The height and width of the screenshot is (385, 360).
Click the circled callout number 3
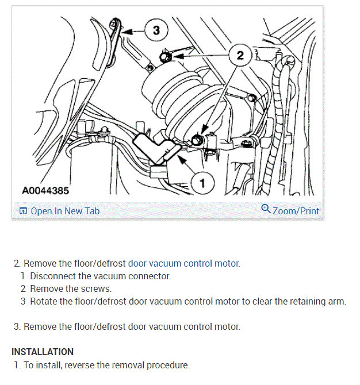156,30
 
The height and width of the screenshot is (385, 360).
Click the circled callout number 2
240,55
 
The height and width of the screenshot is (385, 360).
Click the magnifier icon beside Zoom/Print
266,209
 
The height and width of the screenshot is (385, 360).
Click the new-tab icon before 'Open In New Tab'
23,211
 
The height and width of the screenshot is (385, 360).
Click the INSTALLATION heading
43,352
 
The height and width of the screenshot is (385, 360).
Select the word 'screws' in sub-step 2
95,288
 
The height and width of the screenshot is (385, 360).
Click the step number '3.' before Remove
17,326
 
